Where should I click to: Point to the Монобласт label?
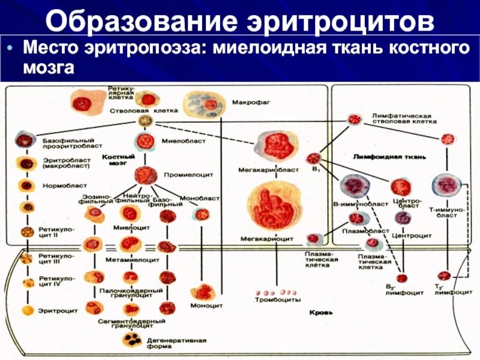[x=208, y=197]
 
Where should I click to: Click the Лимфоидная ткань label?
[x=390, y=157]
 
